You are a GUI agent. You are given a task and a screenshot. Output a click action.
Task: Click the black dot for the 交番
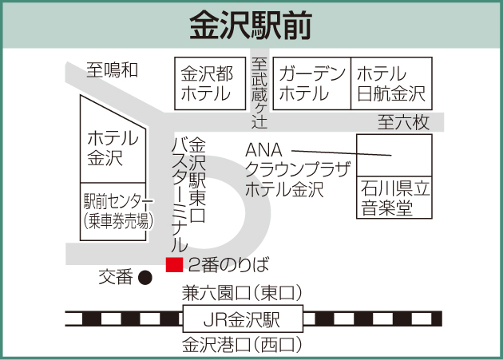[x=145, y=278]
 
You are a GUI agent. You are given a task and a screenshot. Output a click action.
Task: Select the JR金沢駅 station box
[x=243, y=321]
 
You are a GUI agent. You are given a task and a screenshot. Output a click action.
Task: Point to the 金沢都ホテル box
[x=208, y=84]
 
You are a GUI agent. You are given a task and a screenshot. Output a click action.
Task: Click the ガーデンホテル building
[x=312, y=84]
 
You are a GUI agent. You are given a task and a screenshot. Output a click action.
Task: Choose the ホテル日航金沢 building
[x=391, y=84]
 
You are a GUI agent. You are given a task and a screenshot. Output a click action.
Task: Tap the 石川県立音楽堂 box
[x=393, y=199]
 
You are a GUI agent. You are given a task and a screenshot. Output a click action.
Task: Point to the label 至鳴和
[x=113, y=70]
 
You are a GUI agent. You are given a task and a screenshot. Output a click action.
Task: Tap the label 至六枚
[x=404, y=122]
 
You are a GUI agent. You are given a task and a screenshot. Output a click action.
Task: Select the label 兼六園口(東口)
[x=243, y=292]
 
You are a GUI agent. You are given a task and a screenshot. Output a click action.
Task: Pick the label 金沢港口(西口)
[x=243, y=346]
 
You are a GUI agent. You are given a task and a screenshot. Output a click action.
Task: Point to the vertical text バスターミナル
[x=180, y=195]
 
